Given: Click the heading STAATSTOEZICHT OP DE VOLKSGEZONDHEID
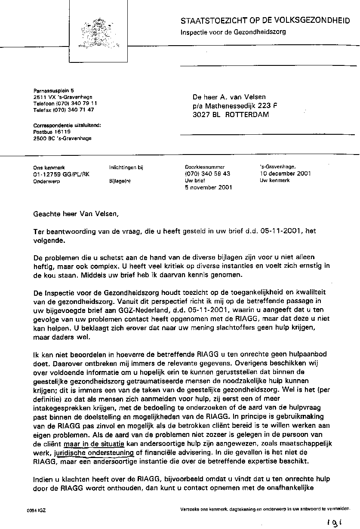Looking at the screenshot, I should click(265, 21).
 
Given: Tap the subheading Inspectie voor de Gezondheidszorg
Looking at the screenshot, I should click(233, 32).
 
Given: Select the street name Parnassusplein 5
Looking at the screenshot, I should click(54, 90).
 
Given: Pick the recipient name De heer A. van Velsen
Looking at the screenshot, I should click(229, 97).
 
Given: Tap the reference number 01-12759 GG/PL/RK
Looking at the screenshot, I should click(62, 174).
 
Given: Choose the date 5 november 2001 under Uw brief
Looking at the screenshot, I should click(208, 187).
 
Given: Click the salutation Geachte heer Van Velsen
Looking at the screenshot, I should click(75, 213).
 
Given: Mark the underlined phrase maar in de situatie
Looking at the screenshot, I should click(94, 443).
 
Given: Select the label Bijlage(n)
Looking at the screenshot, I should click(120, 181).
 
